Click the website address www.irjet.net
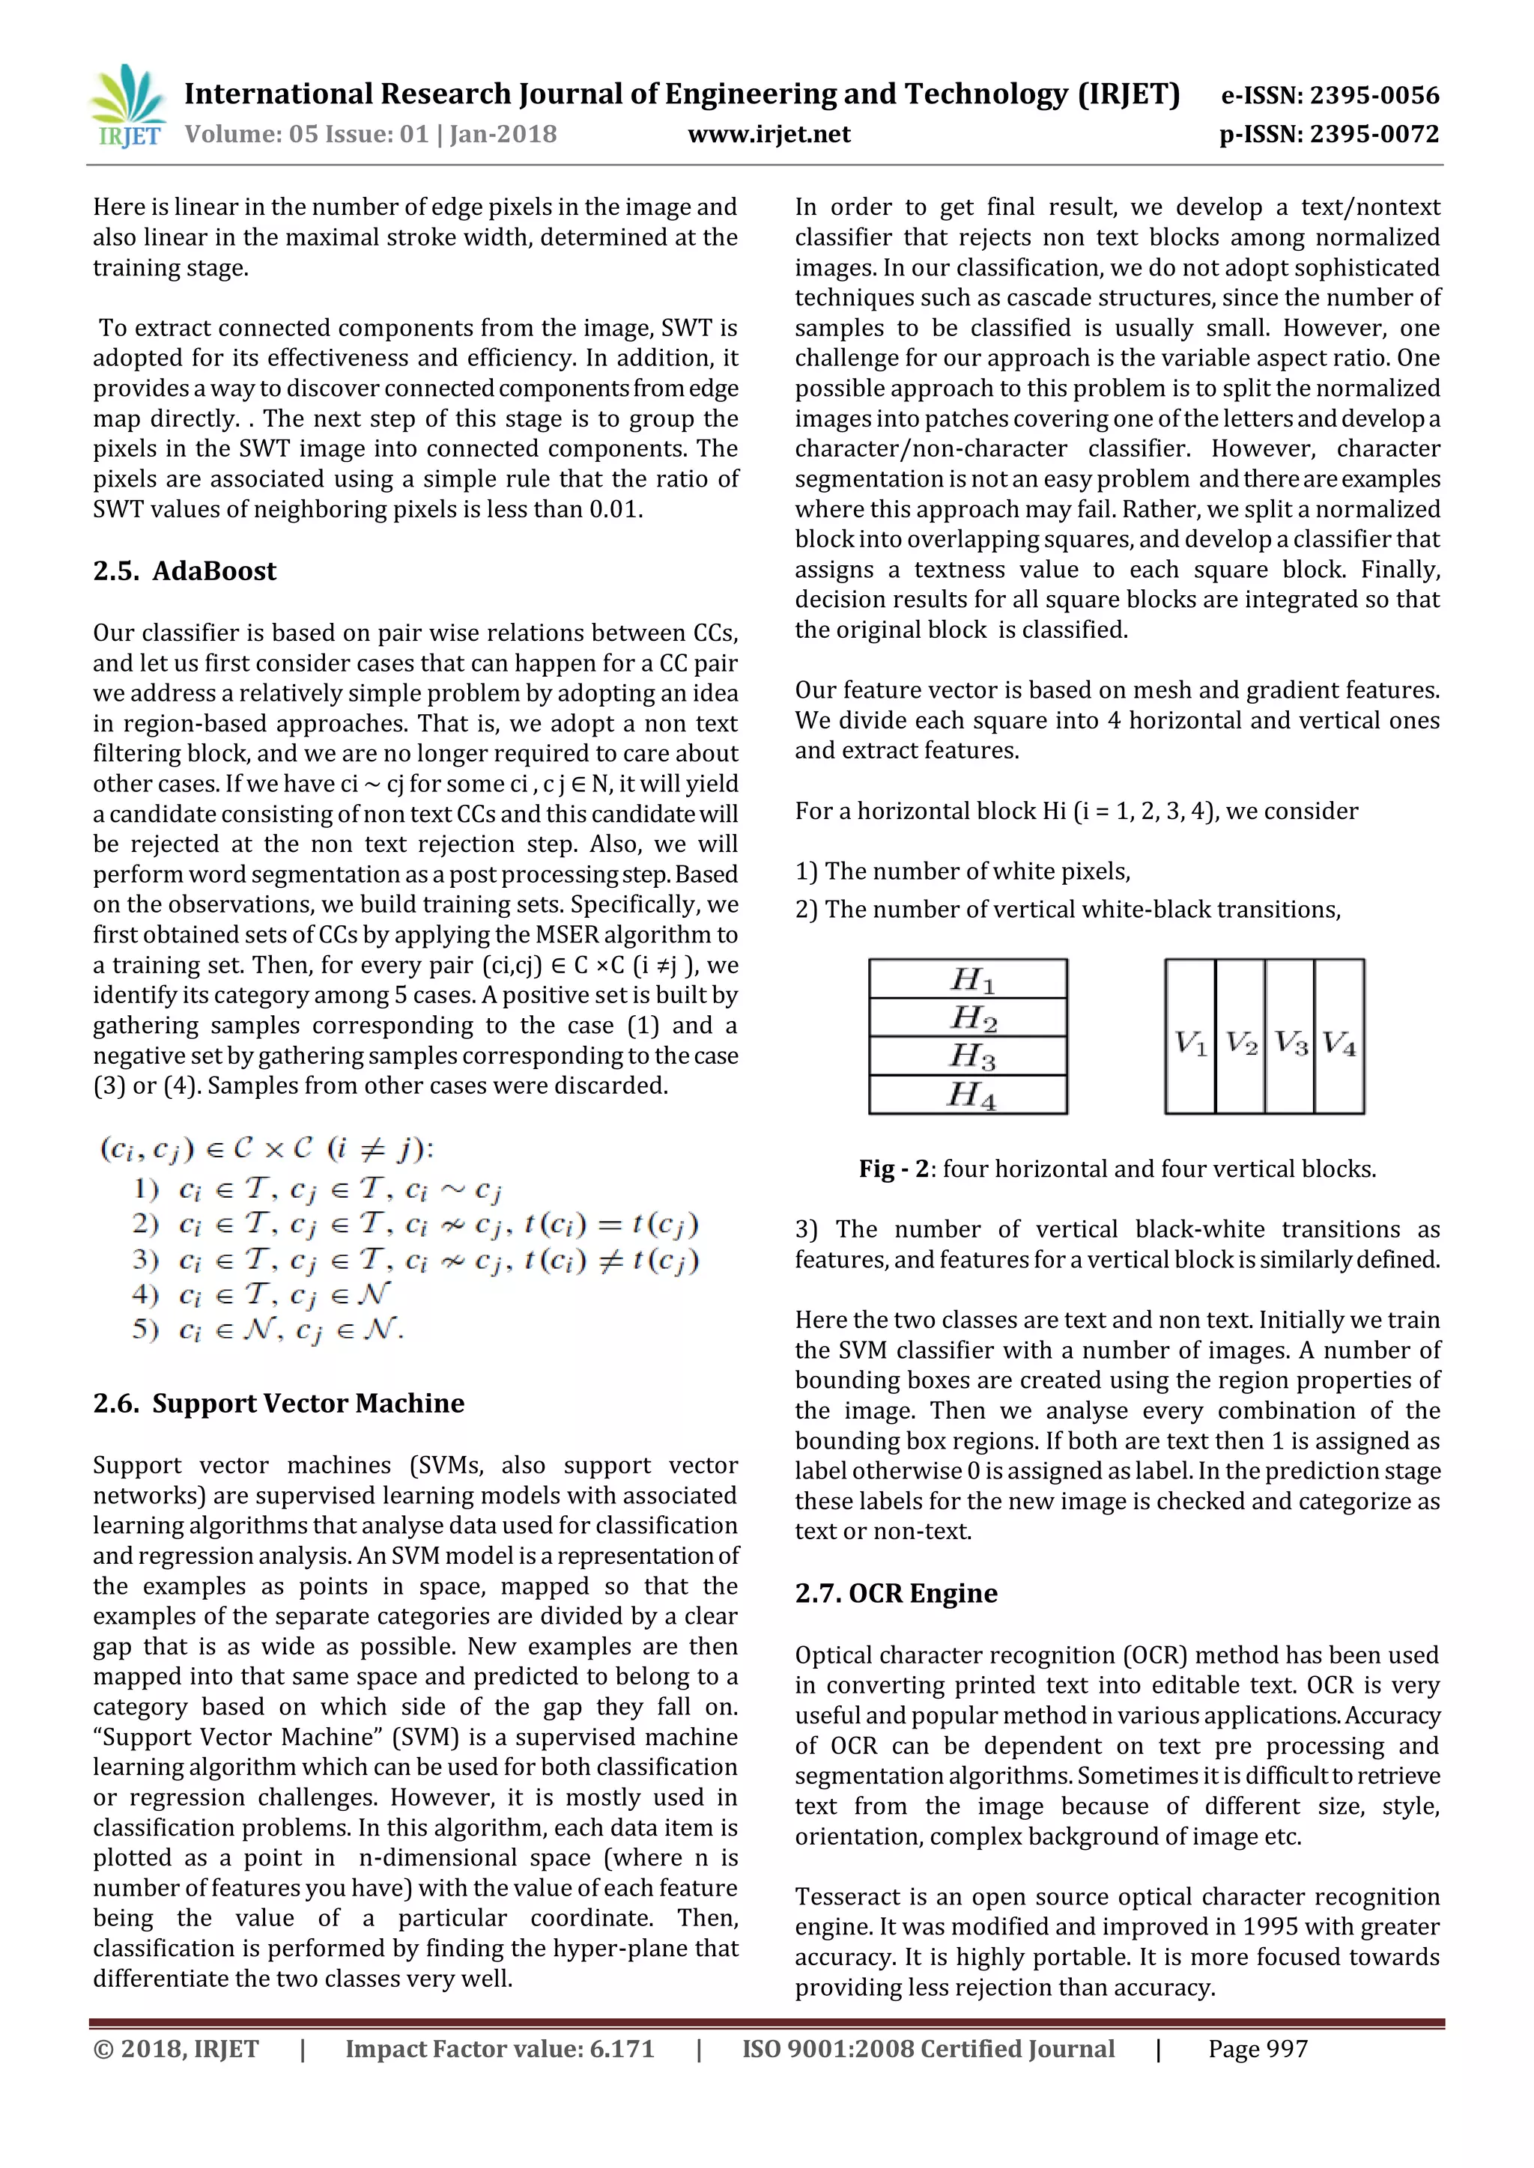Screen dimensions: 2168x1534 tap(769, 134)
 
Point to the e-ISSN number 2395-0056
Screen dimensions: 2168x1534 tap(1374, 95)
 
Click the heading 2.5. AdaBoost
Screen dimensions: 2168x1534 tap(185, 571)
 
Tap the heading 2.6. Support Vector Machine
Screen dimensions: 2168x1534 tap(279, 1403)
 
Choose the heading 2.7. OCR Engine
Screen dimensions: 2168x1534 tap(896, 1593)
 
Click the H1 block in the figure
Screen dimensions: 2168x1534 tap(968, 979)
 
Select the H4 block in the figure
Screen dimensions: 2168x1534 tap(968, 1095)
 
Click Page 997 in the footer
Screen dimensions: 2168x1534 tap(1258, 2049)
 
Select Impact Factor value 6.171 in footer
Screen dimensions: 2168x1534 tap(499, 2049)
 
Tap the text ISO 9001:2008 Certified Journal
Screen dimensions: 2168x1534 tap(927, 2049)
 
